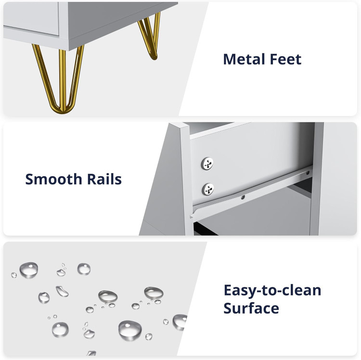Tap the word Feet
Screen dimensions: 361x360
(285, 59)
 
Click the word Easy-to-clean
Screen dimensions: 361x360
(272, 290)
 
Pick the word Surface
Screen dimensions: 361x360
(251, 308)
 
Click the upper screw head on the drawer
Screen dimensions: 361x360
(207, 164)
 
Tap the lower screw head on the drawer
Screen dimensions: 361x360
(208, 189)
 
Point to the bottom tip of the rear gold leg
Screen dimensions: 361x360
(154, 57)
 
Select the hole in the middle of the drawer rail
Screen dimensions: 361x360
(243, 197)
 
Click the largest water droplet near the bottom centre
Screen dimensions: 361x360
(130, 330)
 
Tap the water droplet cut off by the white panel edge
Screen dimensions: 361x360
(180, 322)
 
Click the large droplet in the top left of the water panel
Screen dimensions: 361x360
(29, 270)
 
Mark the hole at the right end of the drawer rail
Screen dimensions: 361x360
(308, 173)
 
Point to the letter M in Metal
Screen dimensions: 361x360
(229, 59)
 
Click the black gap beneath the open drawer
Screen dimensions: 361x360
(205, 229)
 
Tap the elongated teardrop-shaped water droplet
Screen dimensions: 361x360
(62, 291)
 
